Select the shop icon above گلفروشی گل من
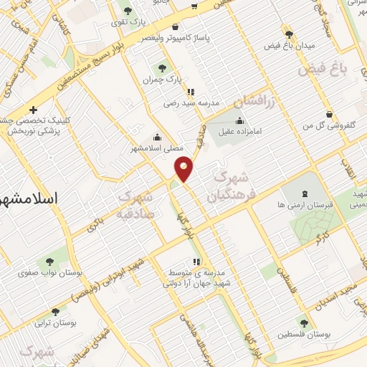(329, 115)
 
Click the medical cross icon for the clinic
(33, 110)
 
